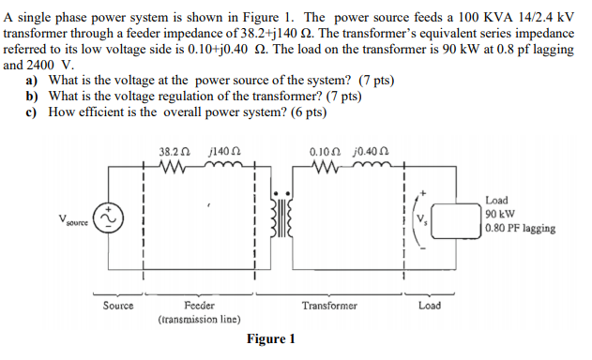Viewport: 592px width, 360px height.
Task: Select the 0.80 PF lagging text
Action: coord(521,228)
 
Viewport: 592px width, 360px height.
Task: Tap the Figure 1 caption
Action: coord(271,338)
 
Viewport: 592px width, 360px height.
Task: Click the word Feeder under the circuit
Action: coord(199,306)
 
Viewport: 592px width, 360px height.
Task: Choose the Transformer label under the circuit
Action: coord(329,306)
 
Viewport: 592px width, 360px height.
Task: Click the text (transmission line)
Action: coord(199,319)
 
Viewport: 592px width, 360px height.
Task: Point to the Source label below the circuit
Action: coord(118,306)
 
